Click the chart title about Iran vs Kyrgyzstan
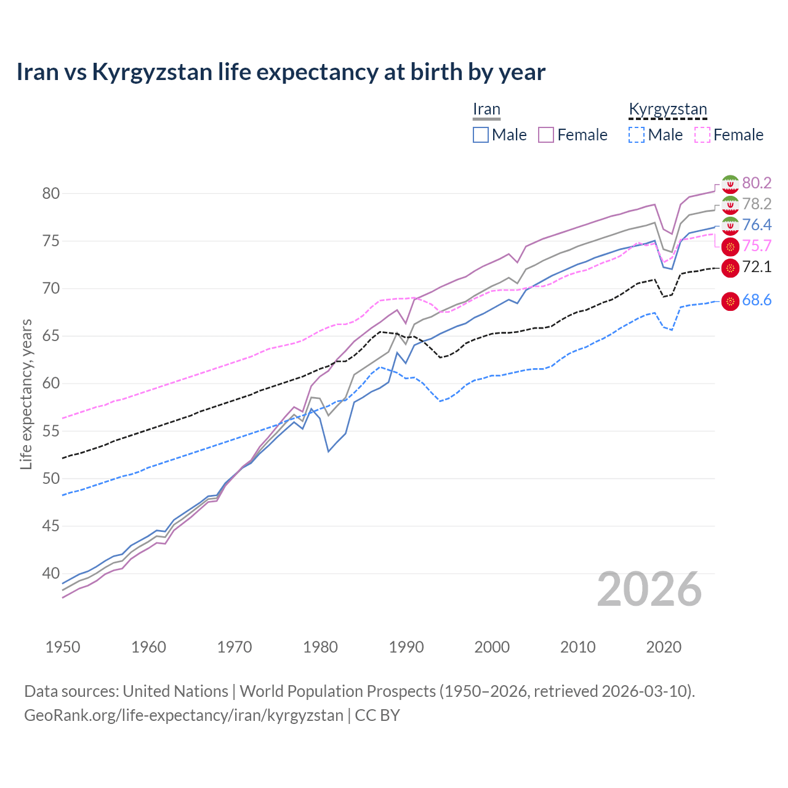coord(281,72)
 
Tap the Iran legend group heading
coord(486,110)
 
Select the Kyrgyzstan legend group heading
coord(667,110)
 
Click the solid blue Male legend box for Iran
coord(481,135)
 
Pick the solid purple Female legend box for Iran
coord(546,135)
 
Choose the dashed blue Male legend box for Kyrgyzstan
coord(637,135)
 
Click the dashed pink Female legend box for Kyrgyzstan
coord(702,135)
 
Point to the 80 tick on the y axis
coord(50,193)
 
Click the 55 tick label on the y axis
coord(50,431)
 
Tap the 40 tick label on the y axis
coord(50,574)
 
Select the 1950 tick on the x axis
coord(63,647)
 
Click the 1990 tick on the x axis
coord(406,647)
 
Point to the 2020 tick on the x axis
coord(664,647)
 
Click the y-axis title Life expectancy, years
coord(26,394)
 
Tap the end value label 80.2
coord(757,183)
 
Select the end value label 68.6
coord(757,300)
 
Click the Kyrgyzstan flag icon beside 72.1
coord(730,267)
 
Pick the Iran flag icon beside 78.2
coord(730,204)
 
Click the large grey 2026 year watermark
coord(649,589)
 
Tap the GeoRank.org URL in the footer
coord(183,715)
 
